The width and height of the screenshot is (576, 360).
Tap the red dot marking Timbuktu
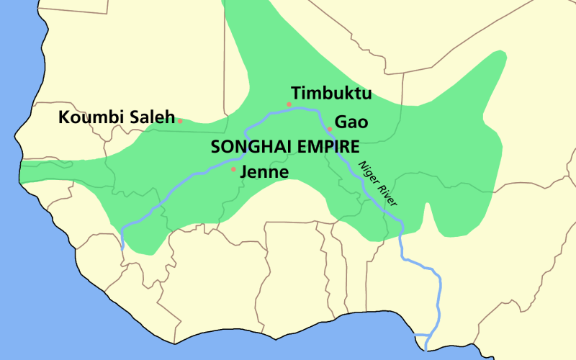[x=289, y=104]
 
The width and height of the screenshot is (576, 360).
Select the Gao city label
[x=351, y=122]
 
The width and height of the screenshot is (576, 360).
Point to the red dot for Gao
[x=330, y=129]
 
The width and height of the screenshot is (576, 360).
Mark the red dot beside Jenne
[x=233, y=170]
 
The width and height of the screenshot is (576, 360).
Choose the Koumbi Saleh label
[x=117, y=117]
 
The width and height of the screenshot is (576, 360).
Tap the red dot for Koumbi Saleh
[x=180, y=121]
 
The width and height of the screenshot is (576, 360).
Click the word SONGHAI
[x=245, y=147]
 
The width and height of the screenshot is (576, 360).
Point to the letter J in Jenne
[x=243, y=173]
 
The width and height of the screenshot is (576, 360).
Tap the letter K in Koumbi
[x=64, y=117]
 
